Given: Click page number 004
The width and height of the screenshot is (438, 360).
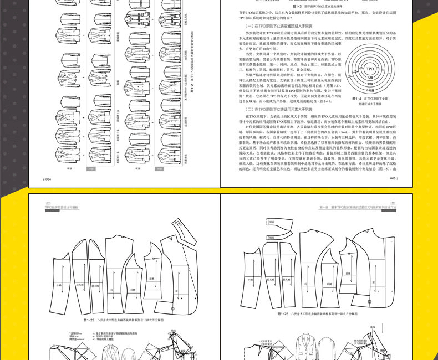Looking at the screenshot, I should coord(48,179).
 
